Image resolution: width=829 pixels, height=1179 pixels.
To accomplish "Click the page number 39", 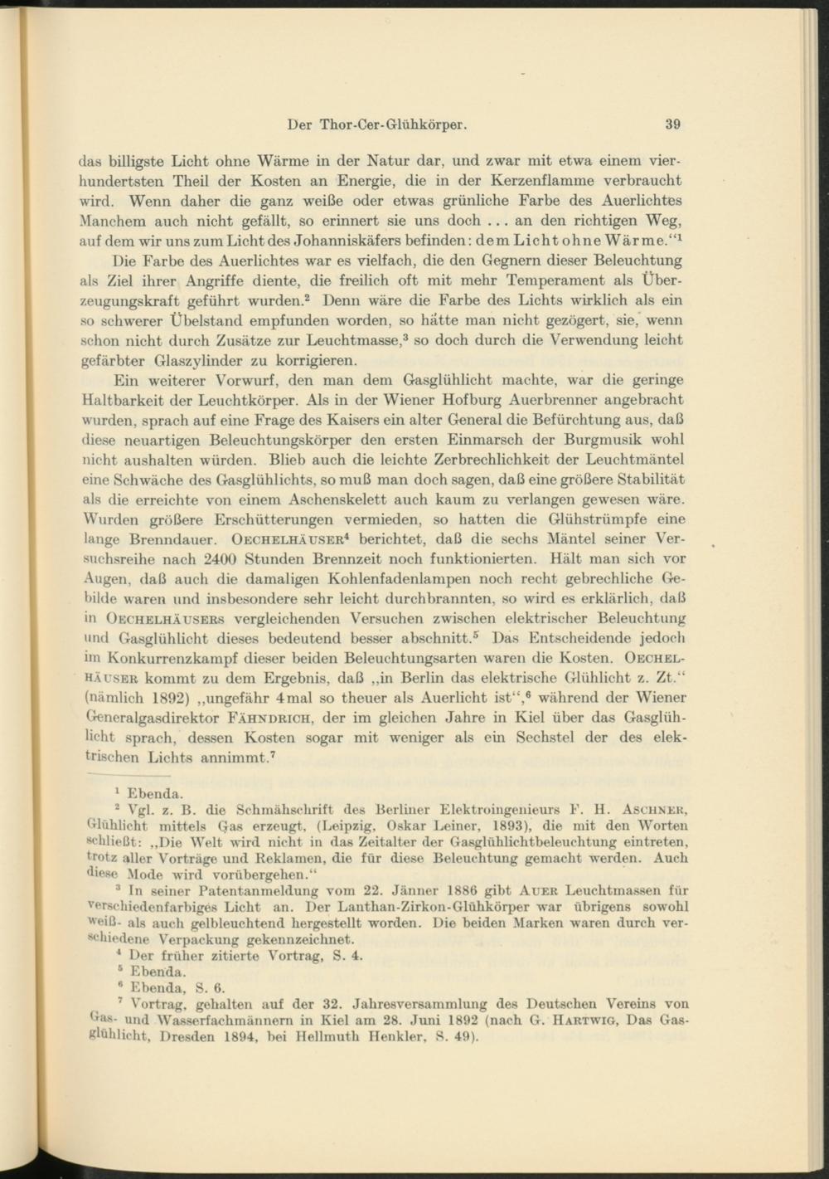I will point(672,125).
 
